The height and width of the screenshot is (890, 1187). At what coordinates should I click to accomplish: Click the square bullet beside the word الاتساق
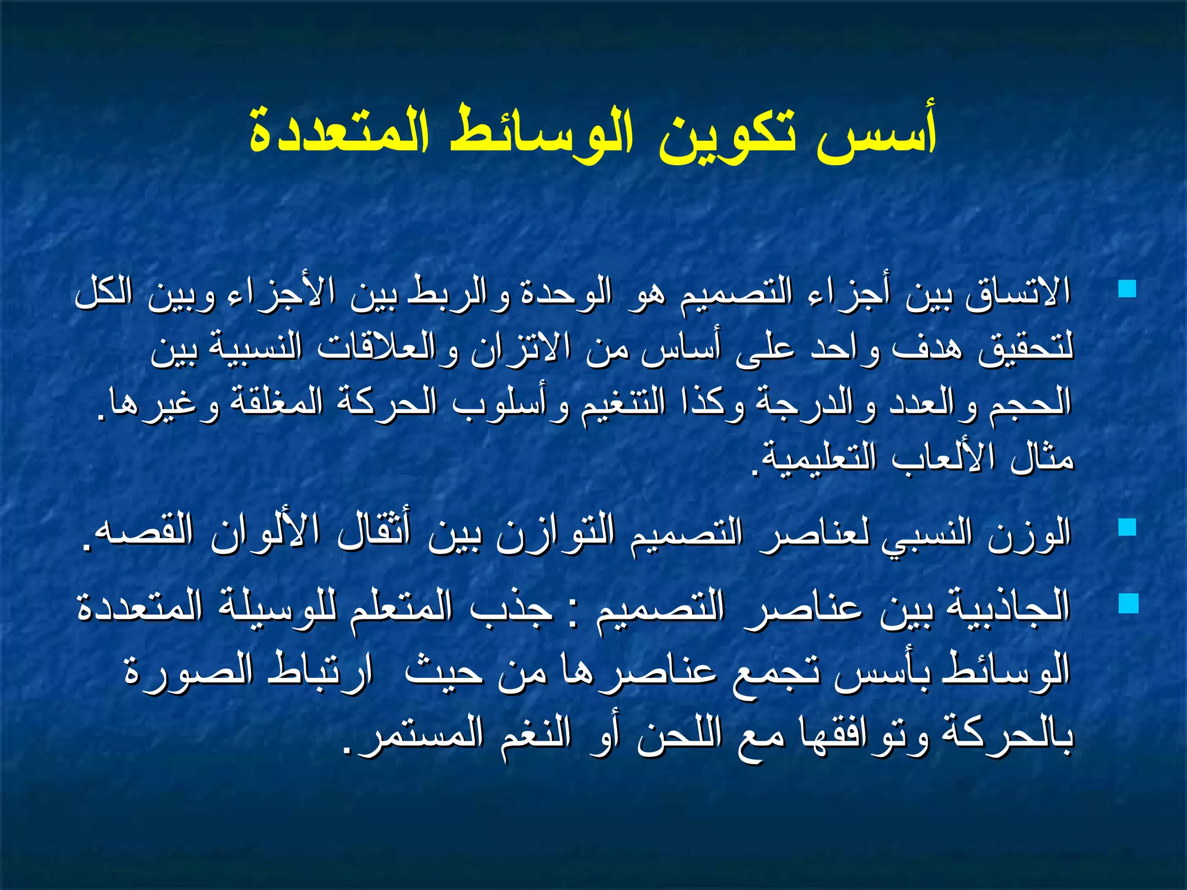1127,289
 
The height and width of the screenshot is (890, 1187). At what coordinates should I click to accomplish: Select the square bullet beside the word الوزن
1127,527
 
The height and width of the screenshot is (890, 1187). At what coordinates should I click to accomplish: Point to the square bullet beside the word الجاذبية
1128,604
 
